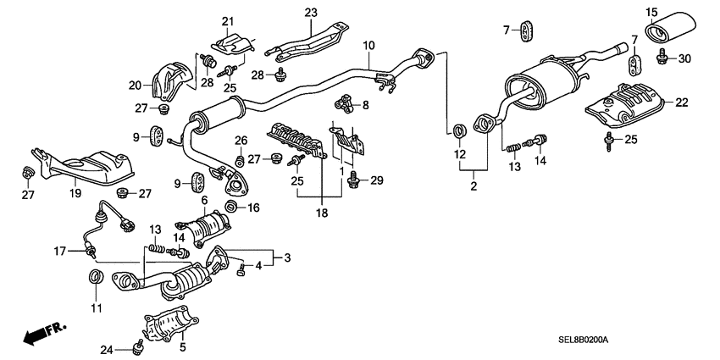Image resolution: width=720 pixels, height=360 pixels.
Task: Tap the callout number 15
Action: pos(651,11)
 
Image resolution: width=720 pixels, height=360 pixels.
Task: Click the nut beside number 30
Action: pos(663,58)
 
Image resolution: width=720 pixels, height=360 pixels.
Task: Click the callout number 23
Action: pos(310,13)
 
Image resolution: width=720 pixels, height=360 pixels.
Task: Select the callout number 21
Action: pos(227,20)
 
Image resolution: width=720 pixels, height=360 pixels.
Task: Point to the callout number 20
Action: pos(135,84)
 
